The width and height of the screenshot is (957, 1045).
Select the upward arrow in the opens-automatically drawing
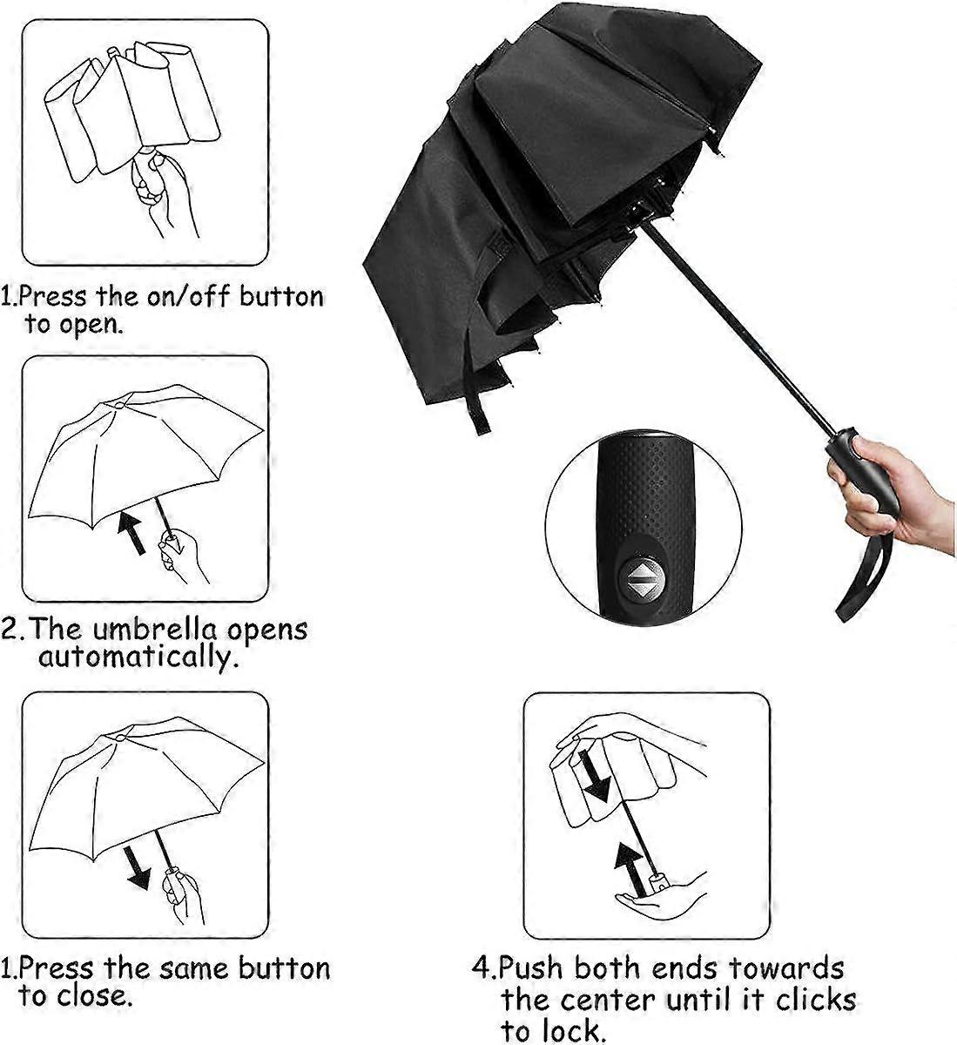pos(131,532)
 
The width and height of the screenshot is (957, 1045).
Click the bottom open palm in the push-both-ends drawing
pos(663,897)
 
